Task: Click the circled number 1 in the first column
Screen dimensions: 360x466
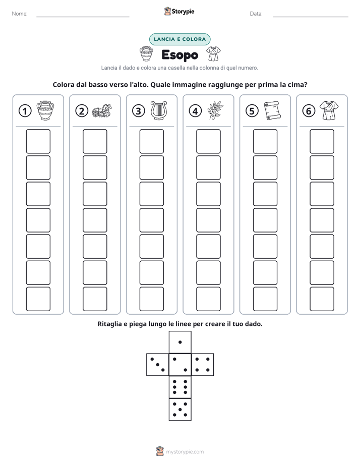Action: [x=25, y=111]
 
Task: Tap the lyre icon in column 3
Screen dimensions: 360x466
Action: [x=159, y=110]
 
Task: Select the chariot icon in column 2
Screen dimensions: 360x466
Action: [x=102, y=111]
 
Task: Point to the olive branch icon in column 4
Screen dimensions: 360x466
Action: [x=215, y=110]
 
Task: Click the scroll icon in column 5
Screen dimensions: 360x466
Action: [x=272, y=110]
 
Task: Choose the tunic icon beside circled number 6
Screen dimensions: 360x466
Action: [x=329, y=110]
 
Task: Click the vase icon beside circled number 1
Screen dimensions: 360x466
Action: [x=45, y=110]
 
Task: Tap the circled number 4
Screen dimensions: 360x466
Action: [x=195, y=111]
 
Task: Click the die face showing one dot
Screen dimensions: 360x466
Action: [x=180, y=342]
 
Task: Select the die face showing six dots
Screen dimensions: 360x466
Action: [x=180, y=387]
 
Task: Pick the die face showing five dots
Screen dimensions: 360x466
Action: [x=180, y=410]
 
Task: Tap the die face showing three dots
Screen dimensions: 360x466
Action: [x=158, y=364]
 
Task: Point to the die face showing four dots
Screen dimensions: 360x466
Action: [x=203, y=364]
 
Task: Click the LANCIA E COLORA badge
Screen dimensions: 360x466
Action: [x=179, y=39]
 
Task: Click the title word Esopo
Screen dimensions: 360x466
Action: [x=180, y=55]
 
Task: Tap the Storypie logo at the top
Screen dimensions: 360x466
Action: [x=179, y=11]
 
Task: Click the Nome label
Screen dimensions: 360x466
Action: [x=20, y=14]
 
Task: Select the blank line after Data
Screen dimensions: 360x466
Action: [x=311, y=17]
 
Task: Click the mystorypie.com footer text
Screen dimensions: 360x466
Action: [x=185, y=452]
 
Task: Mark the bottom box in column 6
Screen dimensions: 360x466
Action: [x=322, y=299]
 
